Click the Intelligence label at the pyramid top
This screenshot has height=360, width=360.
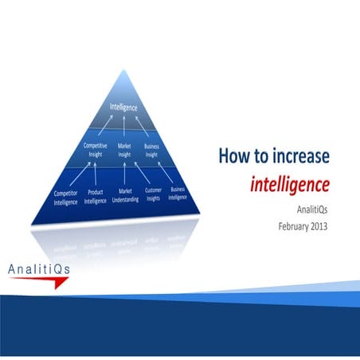click(123, 107)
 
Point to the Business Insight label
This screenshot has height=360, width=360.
click(151, 150)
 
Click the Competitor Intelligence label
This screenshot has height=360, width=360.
click(66, 198)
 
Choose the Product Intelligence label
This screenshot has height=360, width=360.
click(95, 198)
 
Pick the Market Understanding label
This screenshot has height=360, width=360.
click(126, 196)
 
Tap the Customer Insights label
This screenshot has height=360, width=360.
click(154, 196)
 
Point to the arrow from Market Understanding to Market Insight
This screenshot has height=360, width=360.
click(126, 174)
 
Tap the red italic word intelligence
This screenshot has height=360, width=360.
click(289, 185)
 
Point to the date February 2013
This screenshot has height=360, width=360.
click(303, 226)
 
